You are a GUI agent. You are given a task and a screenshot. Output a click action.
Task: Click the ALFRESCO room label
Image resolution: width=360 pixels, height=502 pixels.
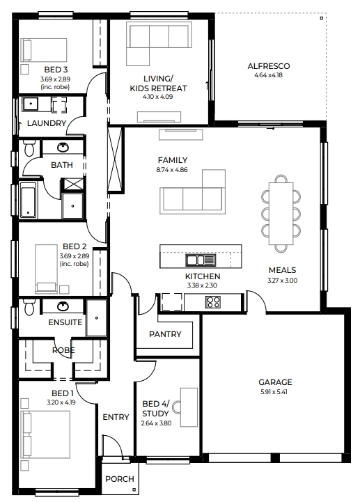268,66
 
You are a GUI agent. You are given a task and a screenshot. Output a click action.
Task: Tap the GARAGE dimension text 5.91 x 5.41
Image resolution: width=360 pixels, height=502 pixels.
274,391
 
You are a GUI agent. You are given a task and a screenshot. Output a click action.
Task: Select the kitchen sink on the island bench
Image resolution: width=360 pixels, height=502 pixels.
201,260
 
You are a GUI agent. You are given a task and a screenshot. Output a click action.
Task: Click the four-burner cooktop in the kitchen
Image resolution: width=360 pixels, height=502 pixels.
213,302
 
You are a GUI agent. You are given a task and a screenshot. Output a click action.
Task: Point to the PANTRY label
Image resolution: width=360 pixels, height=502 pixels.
165,334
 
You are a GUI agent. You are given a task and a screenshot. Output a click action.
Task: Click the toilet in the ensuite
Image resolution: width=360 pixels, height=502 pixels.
29,307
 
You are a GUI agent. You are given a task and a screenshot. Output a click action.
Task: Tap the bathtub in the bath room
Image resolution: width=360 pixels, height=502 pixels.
28,201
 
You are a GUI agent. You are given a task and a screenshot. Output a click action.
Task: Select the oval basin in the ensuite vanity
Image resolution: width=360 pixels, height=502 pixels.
63,306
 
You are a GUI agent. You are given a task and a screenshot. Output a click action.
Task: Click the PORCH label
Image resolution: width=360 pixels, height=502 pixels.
120,479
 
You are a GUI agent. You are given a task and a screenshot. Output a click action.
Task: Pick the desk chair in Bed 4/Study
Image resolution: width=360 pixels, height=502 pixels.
177,407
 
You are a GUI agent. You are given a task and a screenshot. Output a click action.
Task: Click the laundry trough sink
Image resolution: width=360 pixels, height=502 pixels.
30,104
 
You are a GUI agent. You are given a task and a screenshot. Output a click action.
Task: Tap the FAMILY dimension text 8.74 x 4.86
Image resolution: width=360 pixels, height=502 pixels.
172,170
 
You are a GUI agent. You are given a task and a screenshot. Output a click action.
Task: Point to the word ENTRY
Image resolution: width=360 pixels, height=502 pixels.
116,417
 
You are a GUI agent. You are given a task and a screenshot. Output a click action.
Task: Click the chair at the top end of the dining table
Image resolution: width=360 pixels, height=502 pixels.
281,179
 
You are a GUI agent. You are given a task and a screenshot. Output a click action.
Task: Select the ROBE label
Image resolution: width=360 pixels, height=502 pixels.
63,350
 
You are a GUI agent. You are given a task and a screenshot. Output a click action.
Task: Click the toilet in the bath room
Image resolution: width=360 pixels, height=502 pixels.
29,148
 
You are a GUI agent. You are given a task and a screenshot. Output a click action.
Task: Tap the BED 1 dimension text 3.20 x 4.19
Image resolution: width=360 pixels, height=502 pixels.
61,402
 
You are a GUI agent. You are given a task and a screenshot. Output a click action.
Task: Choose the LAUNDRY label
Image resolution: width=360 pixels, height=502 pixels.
47,123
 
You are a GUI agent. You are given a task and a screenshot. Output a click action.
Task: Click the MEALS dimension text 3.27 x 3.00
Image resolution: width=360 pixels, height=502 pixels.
282,280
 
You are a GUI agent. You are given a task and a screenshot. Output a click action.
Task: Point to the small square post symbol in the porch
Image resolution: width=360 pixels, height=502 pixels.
134,489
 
